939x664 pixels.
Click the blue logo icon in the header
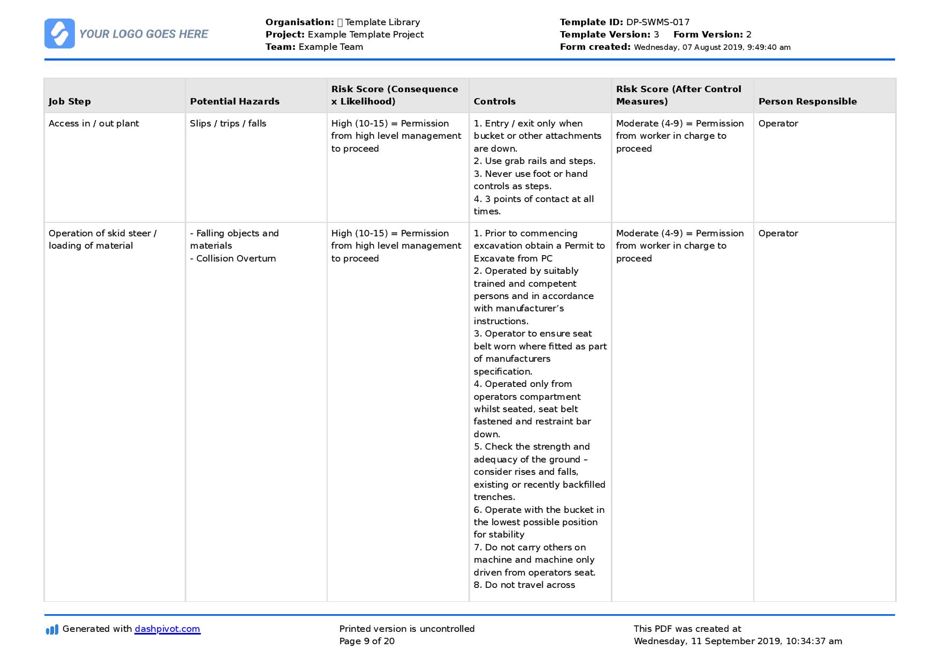(59, 34)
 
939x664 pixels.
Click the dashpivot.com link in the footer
(167, 629)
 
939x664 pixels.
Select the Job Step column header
(70, 101)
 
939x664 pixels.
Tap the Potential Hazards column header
(234, 101)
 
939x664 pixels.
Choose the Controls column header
(494, 101)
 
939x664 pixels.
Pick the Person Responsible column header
(807, 101)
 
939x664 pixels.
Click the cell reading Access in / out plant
(94, 123)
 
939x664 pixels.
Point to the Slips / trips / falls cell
(228, 123)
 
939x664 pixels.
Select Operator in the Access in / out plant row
(778, 123)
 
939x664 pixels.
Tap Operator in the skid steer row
(778, 233)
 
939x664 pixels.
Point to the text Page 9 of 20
(367, 641)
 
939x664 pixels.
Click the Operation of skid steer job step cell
(102, 239)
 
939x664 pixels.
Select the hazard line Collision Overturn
(233, 258)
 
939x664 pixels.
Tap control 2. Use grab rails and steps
(534, 161)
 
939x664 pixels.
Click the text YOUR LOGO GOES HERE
(143, 34)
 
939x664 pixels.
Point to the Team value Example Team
(330, 47)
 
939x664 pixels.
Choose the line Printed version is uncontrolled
(407, 629)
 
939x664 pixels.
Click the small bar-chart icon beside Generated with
(52, 629)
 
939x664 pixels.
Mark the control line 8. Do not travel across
(524, 585)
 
